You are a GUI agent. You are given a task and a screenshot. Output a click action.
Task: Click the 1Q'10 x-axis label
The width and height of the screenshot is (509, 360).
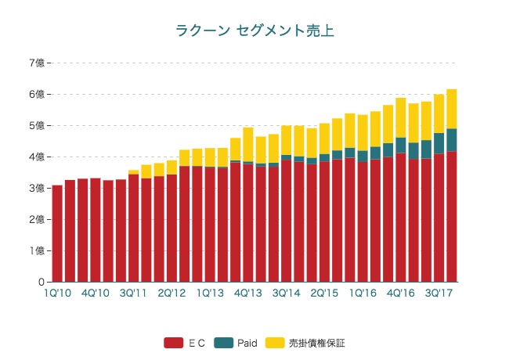click(57, 293)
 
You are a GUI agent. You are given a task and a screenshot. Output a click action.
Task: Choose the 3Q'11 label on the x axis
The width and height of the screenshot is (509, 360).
click(134, 293)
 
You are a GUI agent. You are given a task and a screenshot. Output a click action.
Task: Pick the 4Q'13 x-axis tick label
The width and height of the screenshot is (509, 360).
click(248, 293)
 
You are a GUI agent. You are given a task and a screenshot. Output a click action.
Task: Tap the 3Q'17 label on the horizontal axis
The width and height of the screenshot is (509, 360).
click(439, 293)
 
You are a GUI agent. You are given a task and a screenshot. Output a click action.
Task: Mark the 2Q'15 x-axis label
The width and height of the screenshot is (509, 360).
click(324, 293)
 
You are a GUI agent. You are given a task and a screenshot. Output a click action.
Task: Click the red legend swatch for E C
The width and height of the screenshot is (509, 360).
click(173, 343)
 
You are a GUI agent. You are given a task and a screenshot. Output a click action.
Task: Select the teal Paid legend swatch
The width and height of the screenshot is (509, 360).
click(224, 343)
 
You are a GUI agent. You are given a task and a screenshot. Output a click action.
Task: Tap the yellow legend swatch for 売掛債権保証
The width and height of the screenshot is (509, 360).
click(276, 343)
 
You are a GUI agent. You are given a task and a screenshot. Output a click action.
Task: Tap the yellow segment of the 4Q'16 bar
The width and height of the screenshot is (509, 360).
click(401, 117)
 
